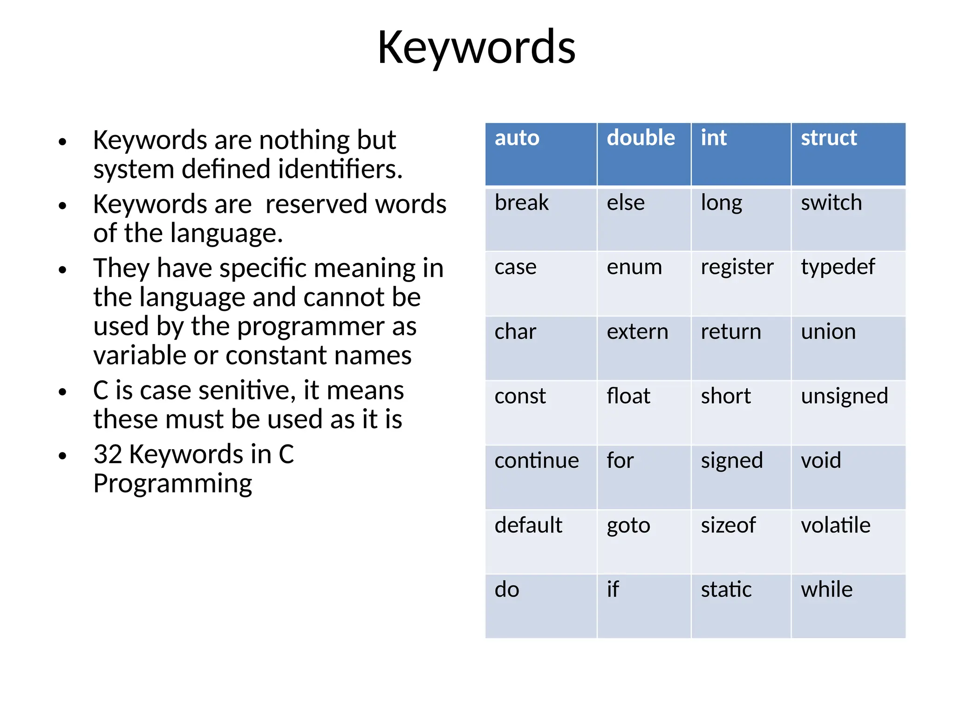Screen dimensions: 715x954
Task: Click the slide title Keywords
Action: click(476, 47)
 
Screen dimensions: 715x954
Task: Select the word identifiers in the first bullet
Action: click(340, 169)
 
